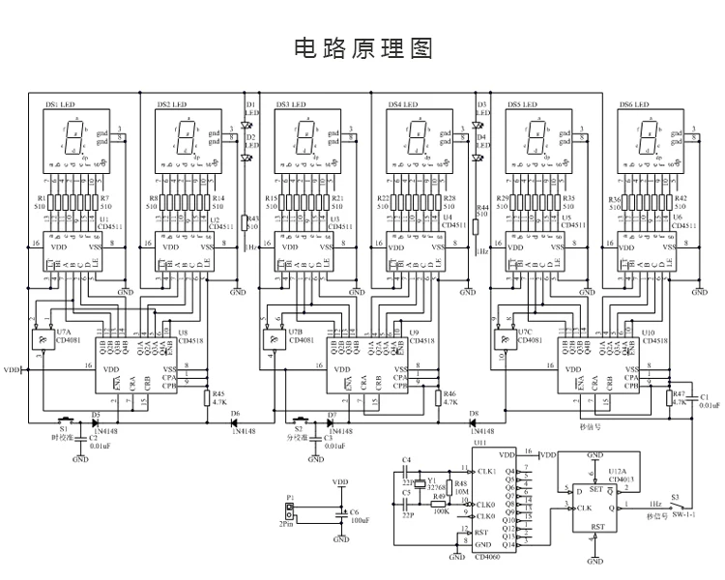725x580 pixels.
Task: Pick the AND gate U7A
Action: point(41,338)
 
